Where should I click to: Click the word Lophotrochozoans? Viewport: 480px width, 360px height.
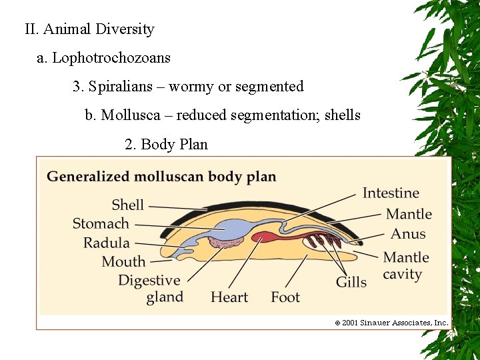(x=111, y=58)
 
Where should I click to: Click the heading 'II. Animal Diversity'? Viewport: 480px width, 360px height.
(x=89, y=29)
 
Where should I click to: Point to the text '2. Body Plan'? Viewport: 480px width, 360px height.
(x=166, y=144)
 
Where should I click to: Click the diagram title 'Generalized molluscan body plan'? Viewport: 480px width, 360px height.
(x=161, y=177)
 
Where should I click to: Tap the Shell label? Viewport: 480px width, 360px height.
(x=127, y=205)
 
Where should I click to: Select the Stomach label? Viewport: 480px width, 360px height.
(x=101, y=223)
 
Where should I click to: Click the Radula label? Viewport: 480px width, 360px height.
(x=107, y=243)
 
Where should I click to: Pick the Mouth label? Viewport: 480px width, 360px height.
(x=123, y=261)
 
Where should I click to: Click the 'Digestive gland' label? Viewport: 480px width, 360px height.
(x=149, y=288)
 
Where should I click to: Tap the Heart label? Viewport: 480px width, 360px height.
(x=229, y=297)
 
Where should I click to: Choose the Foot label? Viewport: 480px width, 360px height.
(x=285, y=297)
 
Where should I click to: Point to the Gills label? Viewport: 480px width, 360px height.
(x=351, y=282)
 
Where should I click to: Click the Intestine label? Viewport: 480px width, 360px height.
(x=391, y=193)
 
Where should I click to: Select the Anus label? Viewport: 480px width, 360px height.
(x=408, y=233)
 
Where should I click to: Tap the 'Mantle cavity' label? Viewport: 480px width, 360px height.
(x=406, y=265)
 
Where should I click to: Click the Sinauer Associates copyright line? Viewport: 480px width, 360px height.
(x=391, y=323)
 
